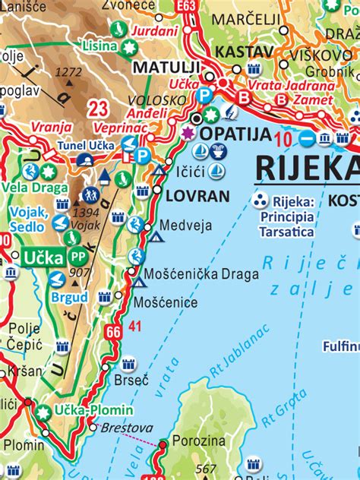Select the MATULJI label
pos(166,67)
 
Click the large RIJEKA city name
pos(308,167)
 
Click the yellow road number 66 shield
pos(114,331)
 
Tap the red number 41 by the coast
pos(135,327)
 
